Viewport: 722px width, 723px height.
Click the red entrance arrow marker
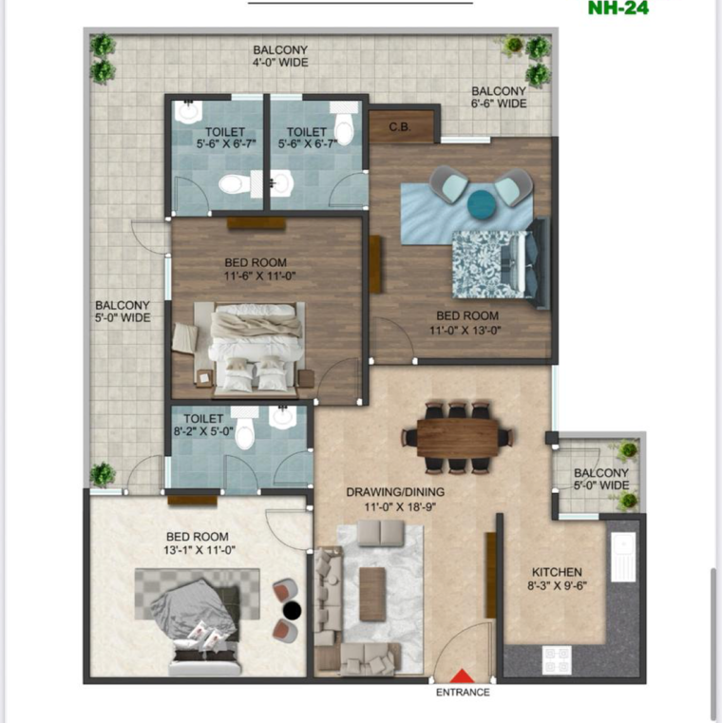(x=463, y=675)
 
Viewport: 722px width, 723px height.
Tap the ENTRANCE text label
(x=463, y=693)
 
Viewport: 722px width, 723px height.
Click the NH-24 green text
(x=617, y=9)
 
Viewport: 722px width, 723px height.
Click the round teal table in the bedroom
(x=482, y=202)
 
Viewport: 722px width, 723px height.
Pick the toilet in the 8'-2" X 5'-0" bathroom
(x=245, y=432)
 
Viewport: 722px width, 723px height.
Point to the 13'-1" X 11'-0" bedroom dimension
(x=198, y=550)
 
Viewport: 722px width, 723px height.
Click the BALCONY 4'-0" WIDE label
(x=280, y=56)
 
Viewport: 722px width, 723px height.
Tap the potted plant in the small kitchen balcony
(x=628, y=450)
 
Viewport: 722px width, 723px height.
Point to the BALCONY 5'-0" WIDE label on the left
(x=123, y=312)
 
